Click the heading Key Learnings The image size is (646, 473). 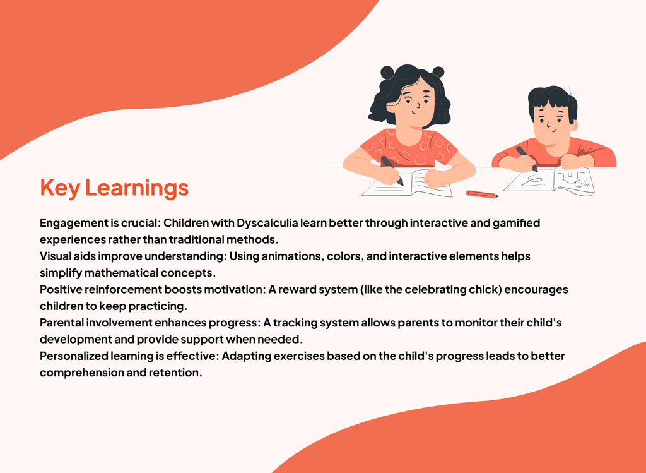(x=114, y=188)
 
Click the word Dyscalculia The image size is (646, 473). (x=267, y=223)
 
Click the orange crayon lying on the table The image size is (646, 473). (x=481, y=195)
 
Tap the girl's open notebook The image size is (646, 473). (x=407, y=184)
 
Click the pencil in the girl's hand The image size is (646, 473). (x=392, y=171)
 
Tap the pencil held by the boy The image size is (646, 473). (x=527, y=159)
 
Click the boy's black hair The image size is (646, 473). (x=552, y=102)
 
